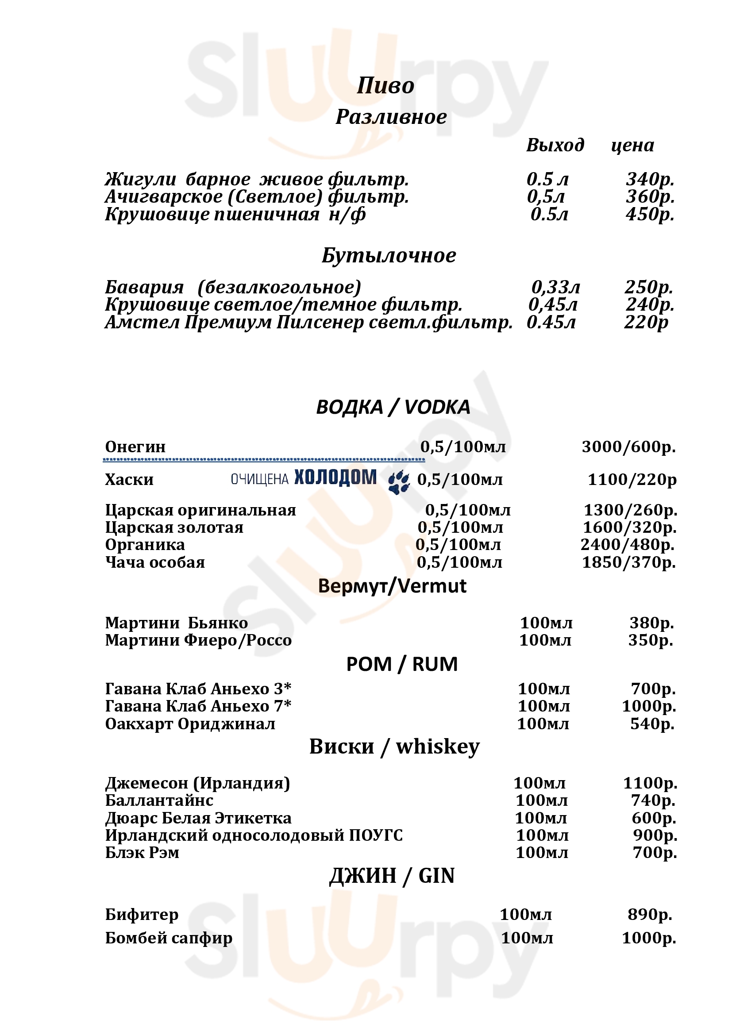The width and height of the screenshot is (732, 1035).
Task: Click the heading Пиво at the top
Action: coord(385,86)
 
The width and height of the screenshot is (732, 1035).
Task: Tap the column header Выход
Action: coord(555,145)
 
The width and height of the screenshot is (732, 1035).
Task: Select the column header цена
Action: coord(632,146)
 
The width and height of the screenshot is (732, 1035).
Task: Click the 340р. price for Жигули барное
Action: coord(650,179)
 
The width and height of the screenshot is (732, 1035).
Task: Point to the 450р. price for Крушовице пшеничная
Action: coord(650,214)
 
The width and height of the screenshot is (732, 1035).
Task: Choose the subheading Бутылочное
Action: coord(389,256)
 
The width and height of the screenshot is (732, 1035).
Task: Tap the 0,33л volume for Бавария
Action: coord(555,287)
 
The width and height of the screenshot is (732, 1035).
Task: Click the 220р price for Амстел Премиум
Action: coord(646,322)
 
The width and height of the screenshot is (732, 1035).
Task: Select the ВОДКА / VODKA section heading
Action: coord(393,407)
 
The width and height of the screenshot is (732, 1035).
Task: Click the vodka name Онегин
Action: coord(135,447)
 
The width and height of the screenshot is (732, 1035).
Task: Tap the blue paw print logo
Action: coord(399,482)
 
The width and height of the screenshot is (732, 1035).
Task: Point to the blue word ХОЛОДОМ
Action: coord(335,477)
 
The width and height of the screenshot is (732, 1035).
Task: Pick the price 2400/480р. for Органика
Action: coord(628,545)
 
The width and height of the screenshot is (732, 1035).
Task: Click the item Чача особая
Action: coord(155,562)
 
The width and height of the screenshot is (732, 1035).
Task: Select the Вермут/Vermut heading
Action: coord(392,586)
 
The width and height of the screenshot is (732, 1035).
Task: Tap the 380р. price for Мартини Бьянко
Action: coord(651,623)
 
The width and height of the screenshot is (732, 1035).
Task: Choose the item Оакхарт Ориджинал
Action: coord(190,724)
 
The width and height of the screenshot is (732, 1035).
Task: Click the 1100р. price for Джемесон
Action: coord(650,783)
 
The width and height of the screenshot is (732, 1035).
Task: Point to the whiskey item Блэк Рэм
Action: coord(142,852)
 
